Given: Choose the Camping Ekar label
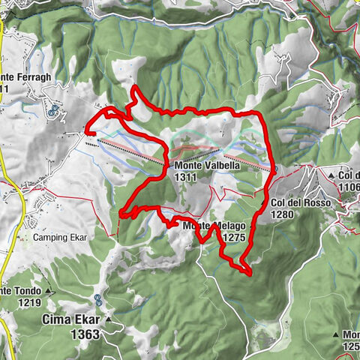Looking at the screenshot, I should point(60,238).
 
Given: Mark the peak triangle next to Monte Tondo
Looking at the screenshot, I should point(49,291).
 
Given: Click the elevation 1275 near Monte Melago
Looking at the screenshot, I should point(234,237).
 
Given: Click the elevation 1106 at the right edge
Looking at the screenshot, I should point(349,187).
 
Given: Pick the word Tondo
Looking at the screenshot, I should point(25,292).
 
